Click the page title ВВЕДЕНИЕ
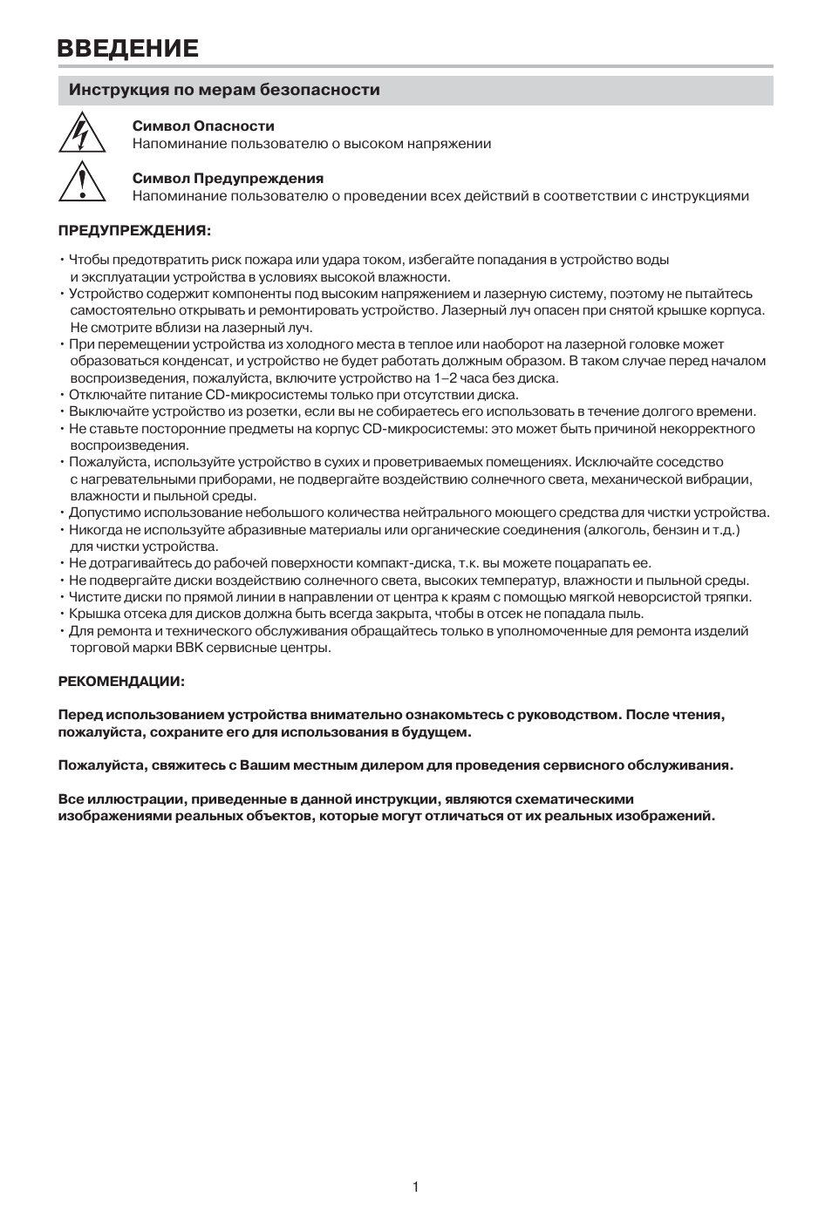[x=127, y=48]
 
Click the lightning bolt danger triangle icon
[x=81, y=133]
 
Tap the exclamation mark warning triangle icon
[x=81, y=184]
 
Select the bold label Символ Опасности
[x=203, y=126]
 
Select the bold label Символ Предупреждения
[x=228, y=179]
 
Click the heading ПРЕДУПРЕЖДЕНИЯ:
[x=134, y=231]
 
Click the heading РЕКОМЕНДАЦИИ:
[x=121, y=681]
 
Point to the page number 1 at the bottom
[x=415, y=1186]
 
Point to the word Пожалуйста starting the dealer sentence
[x=100, y=765]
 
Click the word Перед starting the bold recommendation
[x=79, y=715]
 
